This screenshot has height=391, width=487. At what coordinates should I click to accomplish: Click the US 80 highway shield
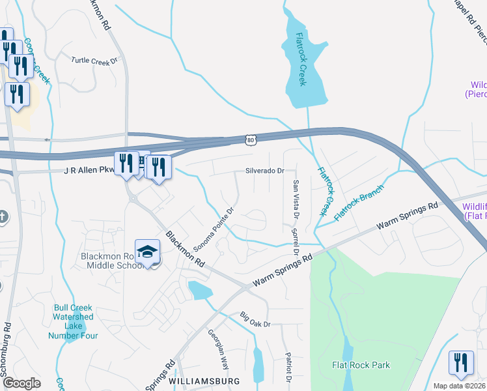pos(251,139)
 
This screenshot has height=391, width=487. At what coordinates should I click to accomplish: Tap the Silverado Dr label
pos(265,171)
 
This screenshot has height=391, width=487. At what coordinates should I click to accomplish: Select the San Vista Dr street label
pos(296,199)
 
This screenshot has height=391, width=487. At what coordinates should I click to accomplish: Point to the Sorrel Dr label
pos(294,241)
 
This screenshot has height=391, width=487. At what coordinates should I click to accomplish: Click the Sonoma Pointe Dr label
pos(213,231)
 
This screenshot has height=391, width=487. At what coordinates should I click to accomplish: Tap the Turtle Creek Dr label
pos(94,60)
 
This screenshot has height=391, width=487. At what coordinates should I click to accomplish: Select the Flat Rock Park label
pos(361,365)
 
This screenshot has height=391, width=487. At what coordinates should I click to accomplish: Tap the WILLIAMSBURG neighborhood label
pos(204,381)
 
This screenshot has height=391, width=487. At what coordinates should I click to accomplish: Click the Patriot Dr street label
pos(287,368)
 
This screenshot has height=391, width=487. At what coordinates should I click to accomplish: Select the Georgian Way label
pos(218,349)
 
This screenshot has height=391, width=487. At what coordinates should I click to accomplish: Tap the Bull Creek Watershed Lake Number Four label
pos(73,321)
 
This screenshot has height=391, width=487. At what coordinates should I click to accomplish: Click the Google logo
pos(21,383)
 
